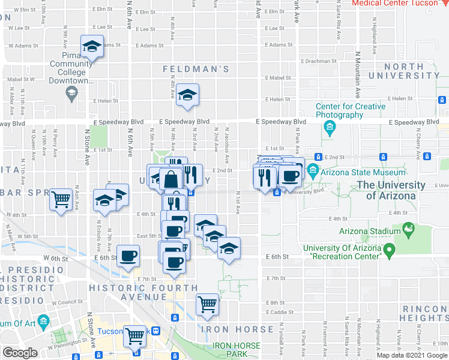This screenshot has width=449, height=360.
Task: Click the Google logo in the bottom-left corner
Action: pos(20,353)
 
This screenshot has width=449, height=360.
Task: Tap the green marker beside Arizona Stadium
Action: pos(409,228)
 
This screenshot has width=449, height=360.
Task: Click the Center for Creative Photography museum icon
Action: pos(329,127)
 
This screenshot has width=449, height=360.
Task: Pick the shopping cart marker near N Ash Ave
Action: pos(61,199)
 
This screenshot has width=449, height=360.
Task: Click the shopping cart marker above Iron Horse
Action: pos(207,304)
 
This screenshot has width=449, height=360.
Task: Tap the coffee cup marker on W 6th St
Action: pos(128,256)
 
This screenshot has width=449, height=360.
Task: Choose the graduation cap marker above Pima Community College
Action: pos(92,47)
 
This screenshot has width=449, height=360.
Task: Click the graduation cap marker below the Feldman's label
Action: pos(187,95)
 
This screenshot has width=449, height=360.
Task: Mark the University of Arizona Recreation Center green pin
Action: pos(389,248)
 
